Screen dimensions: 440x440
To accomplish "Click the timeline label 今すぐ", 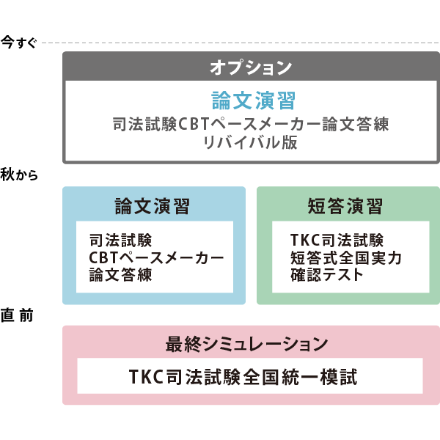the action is pos(19,43).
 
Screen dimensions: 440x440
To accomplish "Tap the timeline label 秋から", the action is pos(19,175).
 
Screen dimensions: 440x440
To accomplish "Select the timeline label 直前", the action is pos(17,315).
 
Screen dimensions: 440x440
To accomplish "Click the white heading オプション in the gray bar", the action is pos(251,67).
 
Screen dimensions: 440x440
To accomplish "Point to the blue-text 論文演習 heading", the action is pos(254,100).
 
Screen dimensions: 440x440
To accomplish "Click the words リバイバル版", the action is pos(250,142).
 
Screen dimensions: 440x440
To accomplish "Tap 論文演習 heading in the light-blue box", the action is pos(153,206).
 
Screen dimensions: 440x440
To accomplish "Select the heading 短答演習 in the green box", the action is pos(345,206).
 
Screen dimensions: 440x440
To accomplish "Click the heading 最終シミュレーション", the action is pos(246,344).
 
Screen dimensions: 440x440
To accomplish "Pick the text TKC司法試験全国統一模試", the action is pos(243,377).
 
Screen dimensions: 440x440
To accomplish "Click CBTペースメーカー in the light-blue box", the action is pos(156,257).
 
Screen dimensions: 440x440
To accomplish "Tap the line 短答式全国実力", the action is pos(346,257).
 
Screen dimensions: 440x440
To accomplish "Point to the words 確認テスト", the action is pos(327,274).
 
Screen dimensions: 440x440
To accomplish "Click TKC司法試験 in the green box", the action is pos(337,241).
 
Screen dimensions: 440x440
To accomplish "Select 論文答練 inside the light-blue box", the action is pos(120,274).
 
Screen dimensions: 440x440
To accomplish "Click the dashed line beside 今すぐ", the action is pos(241,43).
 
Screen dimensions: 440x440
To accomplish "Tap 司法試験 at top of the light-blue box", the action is pos(120,241).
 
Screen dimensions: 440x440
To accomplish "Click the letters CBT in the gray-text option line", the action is pos(194,124).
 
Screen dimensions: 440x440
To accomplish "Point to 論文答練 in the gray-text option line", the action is pos(355,124).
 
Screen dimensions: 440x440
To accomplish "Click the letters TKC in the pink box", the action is pos(146,377).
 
